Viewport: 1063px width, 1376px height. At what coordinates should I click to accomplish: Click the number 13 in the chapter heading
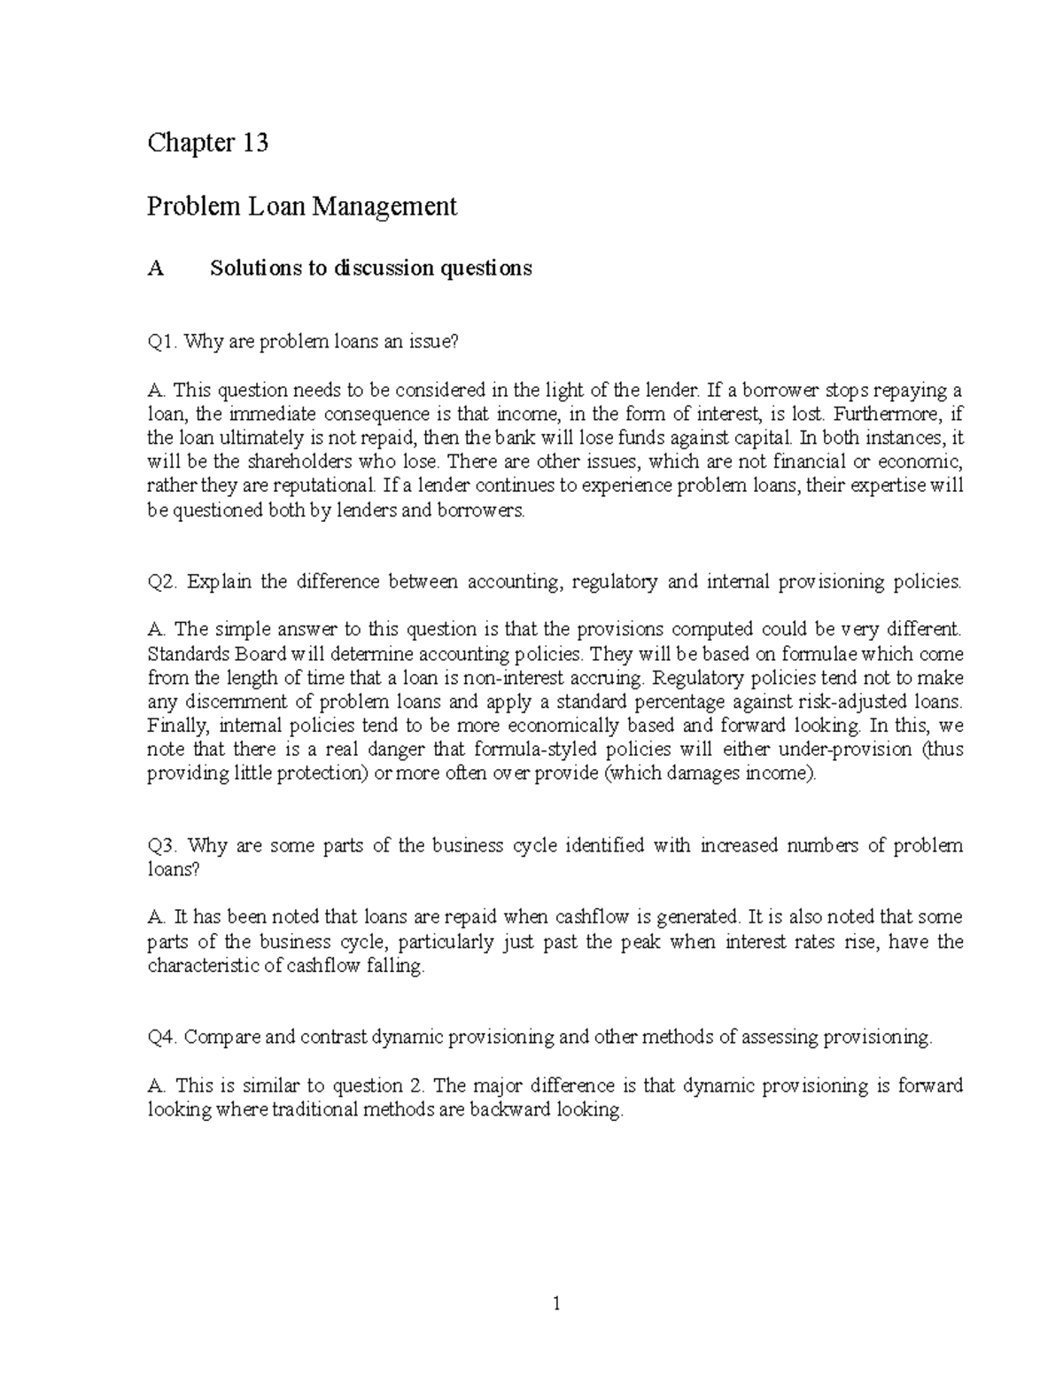[x=252, y=143]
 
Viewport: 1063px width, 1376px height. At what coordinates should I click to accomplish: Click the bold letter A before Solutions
[x=156, y=268]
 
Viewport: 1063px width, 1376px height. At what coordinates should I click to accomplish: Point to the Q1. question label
[x=162, y=341]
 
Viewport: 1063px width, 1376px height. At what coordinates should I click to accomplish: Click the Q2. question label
[x=163, y=582]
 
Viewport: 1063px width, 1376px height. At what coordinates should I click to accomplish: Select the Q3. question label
[x=163, y=845]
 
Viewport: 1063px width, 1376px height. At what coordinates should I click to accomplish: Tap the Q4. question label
[x=162, y=1038]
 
